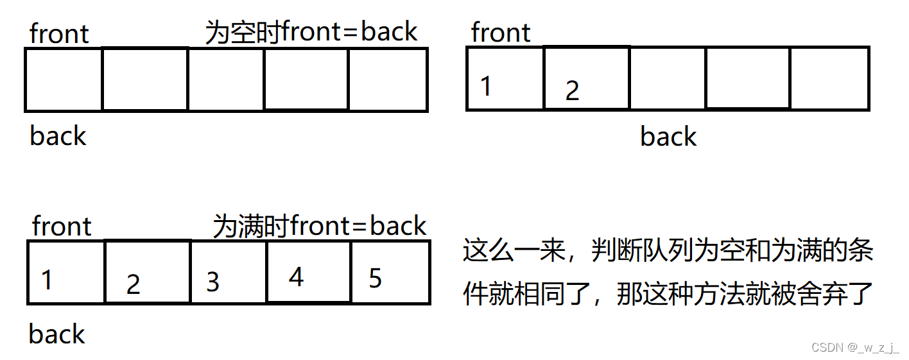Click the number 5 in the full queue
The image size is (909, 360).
376,278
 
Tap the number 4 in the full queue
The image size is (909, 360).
296,277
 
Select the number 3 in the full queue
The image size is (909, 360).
212,282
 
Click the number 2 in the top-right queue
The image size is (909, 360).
572,90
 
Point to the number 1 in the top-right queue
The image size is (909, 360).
486,85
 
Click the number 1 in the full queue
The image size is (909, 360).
46,280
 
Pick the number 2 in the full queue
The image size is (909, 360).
133,284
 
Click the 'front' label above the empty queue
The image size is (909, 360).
59,34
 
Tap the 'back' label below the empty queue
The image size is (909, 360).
58,136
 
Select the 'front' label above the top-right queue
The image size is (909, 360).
501,33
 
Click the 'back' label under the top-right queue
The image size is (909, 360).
668,137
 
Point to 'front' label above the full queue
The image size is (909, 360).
62,227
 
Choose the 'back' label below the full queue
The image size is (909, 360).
57,334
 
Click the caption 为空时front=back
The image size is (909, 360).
311,31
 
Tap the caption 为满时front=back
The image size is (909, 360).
320,226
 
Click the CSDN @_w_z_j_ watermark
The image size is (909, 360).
855,347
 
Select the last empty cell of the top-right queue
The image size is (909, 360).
829,78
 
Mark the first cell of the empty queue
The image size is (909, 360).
64,80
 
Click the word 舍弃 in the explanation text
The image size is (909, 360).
813,295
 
